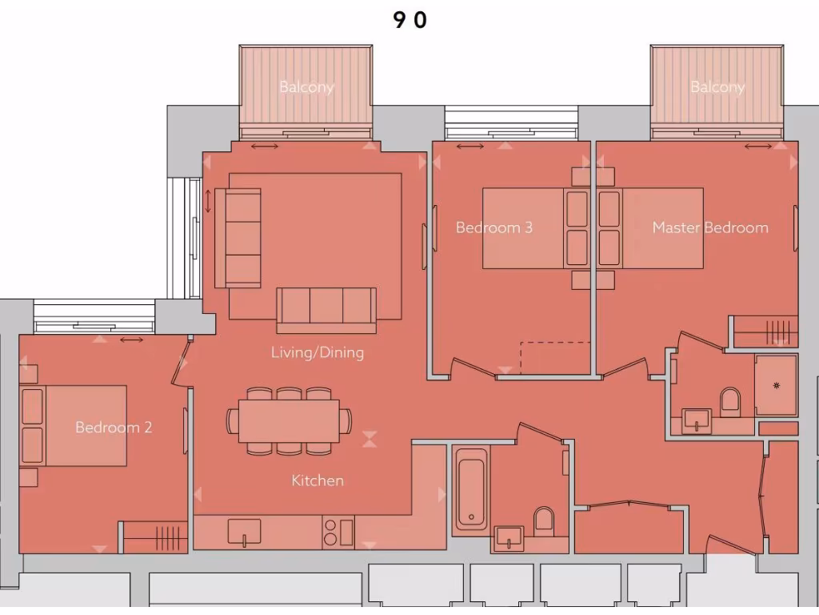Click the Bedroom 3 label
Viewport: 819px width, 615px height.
click(493, 227)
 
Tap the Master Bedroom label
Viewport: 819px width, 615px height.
click(709, 227)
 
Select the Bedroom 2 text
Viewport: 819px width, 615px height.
click(113, 427)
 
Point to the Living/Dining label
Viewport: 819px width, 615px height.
click(317, 352)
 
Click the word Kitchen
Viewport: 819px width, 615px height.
click(317, 480)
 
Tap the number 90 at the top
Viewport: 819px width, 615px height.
click(409, 21)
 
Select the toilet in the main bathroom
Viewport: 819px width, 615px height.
click(544, 520)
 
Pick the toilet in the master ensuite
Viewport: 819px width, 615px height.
click(730, 400)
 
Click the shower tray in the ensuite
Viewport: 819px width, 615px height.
click(776, 385)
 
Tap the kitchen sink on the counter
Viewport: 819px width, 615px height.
click(244, 531)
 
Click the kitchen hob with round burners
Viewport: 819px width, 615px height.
click(330, 533)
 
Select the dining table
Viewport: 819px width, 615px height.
click(289, 420)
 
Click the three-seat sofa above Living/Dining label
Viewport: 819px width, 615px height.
click(326, 309)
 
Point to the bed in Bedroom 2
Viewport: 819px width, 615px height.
click(74, 425)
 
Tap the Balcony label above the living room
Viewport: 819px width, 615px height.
click(306, 86)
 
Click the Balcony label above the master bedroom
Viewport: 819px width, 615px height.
click(717, 86)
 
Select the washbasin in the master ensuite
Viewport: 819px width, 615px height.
click(697, 420)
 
